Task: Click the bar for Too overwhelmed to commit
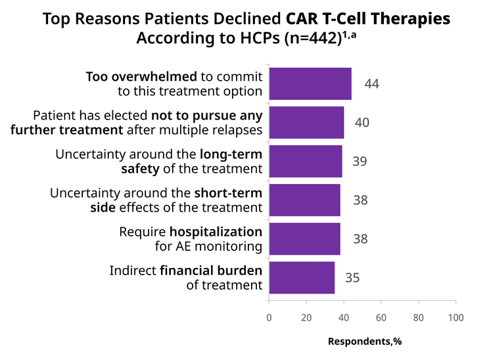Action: pos(310,84)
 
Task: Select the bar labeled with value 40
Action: pos(306,122)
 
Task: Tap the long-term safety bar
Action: pos(306,161)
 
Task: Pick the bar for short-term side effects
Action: pos(304,200)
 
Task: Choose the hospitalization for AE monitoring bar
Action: pos(304,238)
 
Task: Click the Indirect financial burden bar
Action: pos(302,278)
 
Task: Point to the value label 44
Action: pos(371,84)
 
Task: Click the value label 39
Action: pos(360,161)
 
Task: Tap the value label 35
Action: pos(352,278)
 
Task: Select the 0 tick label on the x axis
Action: pos(269,317)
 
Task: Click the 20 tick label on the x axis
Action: pos(306,317)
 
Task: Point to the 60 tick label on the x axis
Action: pos(381,317)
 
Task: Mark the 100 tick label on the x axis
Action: pos(456,317)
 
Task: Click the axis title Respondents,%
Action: pos(365,342)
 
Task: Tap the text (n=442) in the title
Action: pos(313,38)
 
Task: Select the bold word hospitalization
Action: pos(216,232)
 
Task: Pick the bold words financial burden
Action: pos(211,271)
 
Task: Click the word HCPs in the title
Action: pos(260,38)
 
